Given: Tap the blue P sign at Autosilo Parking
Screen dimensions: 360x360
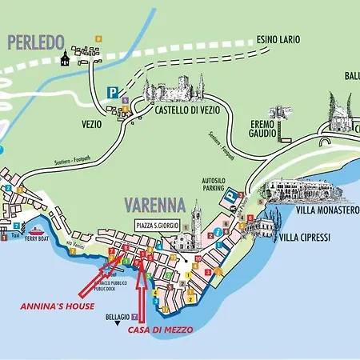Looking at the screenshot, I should [x=230, y=195].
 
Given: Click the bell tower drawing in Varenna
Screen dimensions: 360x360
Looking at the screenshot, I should [x=196, y=220].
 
